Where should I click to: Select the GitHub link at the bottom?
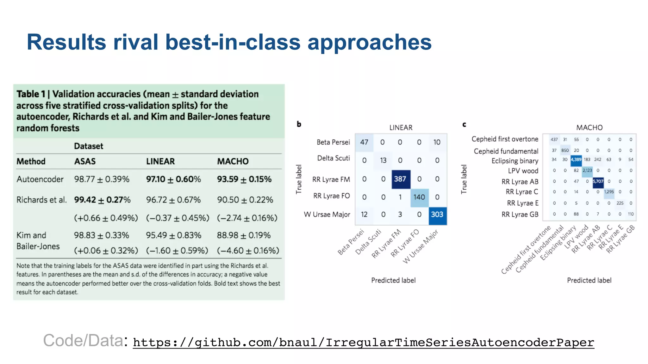coord(363,343)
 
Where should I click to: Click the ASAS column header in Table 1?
coord(85,161)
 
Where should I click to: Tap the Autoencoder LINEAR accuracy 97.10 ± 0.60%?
coord(173,179)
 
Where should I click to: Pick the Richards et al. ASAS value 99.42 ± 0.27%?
coord(102,200)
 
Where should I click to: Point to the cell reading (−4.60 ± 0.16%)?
coord(248,251)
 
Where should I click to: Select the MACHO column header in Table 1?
coord(233,161)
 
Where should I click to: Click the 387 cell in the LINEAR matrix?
coord(400,179)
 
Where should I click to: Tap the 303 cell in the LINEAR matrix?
coord(437,215)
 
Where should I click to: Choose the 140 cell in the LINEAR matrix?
coord(419,197)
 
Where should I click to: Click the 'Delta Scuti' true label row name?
coord(333,158)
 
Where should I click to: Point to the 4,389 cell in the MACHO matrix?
coord(576,160)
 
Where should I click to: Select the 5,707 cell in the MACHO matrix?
coord(598,181)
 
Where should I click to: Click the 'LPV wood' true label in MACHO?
coord(523,171)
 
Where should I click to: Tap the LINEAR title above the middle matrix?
coord(401,128)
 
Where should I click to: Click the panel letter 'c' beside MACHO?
coord(464,124)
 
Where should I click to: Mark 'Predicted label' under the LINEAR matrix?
coord(393,280)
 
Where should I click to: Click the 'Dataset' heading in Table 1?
coord(89,146)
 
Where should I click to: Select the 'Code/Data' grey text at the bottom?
coord(83,341)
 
